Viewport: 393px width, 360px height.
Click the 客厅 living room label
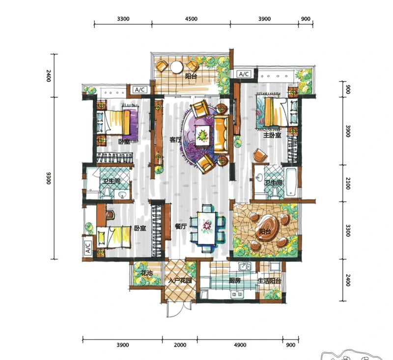[x=175, y=139]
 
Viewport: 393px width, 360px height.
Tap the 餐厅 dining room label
[x=181, y=226]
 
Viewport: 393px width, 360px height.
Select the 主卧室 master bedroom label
[x=272, y=135]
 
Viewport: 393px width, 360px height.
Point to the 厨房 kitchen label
[x=235, y=280]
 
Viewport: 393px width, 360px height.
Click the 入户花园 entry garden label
[x=180, y=280]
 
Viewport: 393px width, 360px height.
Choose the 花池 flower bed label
[x=146, y=273]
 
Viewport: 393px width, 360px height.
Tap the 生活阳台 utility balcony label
[x=269, y=280]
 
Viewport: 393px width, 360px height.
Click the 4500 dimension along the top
[x=191, y=19]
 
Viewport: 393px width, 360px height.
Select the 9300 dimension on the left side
[x=49, y=178]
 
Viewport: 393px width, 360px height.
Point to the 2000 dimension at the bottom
[x=180, y=345]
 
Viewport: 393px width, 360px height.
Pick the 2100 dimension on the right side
[x=348, y=183]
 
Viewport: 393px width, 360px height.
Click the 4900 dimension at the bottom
[x=240, y=345]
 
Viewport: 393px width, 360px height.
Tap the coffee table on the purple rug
[x=203, y=135]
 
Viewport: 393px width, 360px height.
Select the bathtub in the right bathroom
[x=291, y=182]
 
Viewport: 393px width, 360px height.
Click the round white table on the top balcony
[x=177, y=67]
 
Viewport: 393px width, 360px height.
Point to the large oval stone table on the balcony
[x=267, y=228]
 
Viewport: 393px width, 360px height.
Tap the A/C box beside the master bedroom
[x=244, y=74]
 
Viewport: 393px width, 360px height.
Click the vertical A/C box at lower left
[x=88, y=248]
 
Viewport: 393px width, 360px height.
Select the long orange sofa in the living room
[x=221, y=134]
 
